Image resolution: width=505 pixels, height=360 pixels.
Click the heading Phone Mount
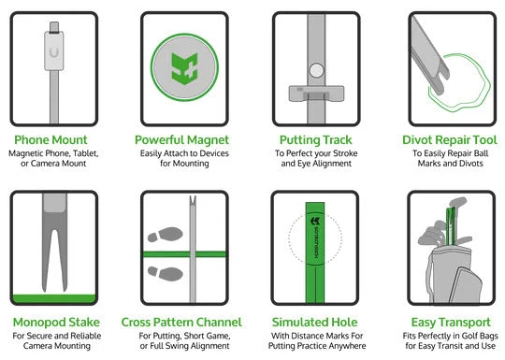tap(50, 140)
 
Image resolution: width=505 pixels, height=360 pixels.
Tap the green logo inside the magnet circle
tap(184, 68)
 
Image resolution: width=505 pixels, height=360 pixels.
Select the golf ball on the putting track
tap(316, 70)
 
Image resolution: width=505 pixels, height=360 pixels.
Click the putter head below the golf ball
tap(316, 94)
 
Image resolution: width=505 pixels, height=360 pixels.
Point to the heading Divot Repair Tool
tap(450, 140)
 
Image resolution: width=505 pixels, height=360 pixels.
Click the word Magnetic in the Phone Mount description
tap(26, 153)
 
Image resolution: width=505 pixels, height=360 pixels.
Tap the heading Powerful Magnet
tap(181, 140)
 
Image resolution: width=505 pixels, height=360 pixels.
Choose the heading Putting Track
tap(316, 140)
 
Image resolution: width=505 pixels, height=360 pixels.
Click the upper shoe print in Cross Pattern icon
tap(166, 235)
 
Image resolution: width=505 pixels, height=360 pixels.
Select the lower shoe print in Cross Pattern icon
tap(166, 273)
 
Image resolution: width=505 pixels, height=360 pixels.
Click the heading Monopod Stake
tap(56, 323)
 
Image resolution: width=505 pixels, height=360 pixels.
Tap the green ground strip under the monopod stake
tap(54, 298)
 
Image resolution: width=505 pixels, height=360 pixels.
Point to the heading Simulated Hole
tap(314, 323)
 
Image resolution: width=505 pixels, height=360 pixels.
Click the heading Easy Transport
tap(451, 323)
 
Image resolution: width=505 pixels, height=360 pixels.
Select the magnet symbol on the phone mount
tap(54, 52)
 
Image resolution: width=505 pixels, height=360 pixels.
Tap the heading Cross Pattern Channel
tap(181, 323)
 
